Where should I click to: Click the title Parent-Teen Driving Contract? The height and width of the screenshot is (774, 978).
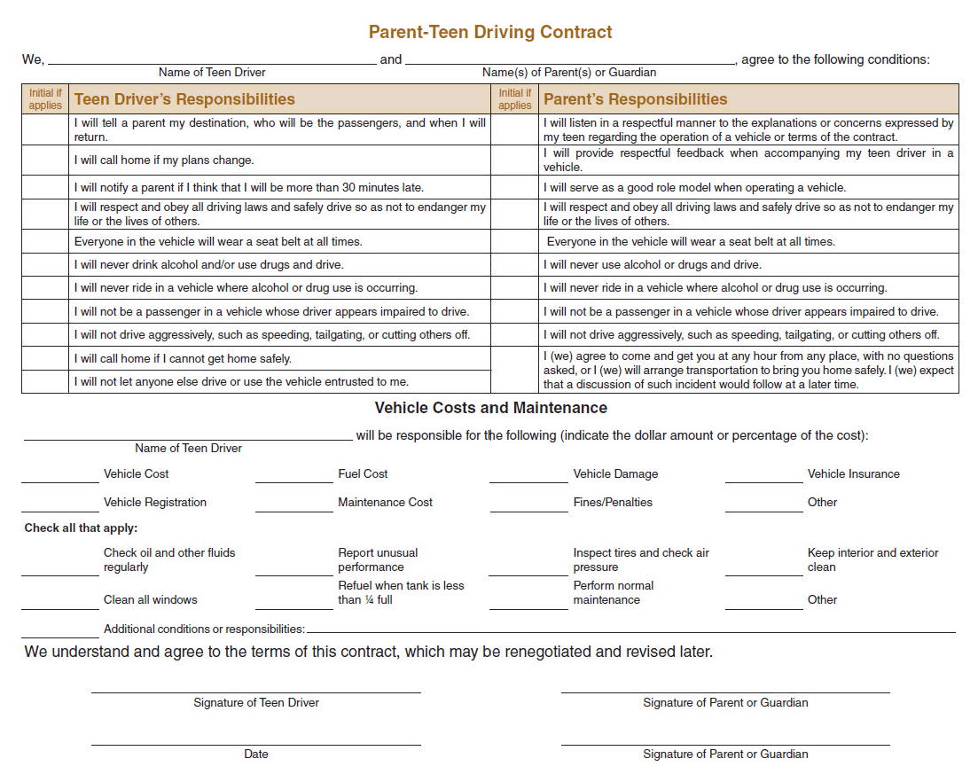[x=490, y=32]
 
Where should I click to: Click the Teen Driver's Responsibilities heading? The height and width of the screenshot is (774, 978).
[x=184, y=99]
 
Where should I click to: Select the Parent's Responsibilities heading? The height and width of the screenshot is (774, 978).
[x=635, y=99]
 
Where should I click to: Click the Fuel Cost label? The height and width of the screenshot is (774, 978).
[x=363, y=474]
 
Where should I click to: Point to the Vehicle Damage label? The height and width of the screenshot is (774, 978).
[x=615, y=474]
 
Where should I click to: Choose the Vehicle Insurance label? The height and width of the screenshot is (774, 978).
[x=853, y=474]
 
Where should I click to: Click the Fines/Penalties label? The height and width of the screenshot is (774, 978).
[x=613, y=503]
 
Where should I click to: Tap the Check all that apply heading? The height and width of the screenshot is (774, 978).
[x=81, y=528]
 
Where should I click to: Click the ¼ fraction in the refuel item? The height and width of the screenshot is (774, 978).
[x=366, y=600]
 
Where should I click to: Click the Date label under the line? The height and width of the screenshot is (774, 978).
[x=256, y=754]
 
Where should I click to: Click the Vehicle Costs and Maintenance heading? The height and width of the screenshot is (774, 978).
[x=490, y=408]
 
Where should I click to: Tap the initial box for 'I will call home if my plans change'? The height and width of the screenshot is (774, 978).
[x=45, y=160]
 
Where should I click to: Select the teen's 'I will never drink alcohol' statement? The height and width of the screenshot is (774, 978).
[x=208, y=265]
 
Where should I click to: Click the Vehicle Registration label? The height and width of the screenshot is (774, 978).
[x=154, y=503]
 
